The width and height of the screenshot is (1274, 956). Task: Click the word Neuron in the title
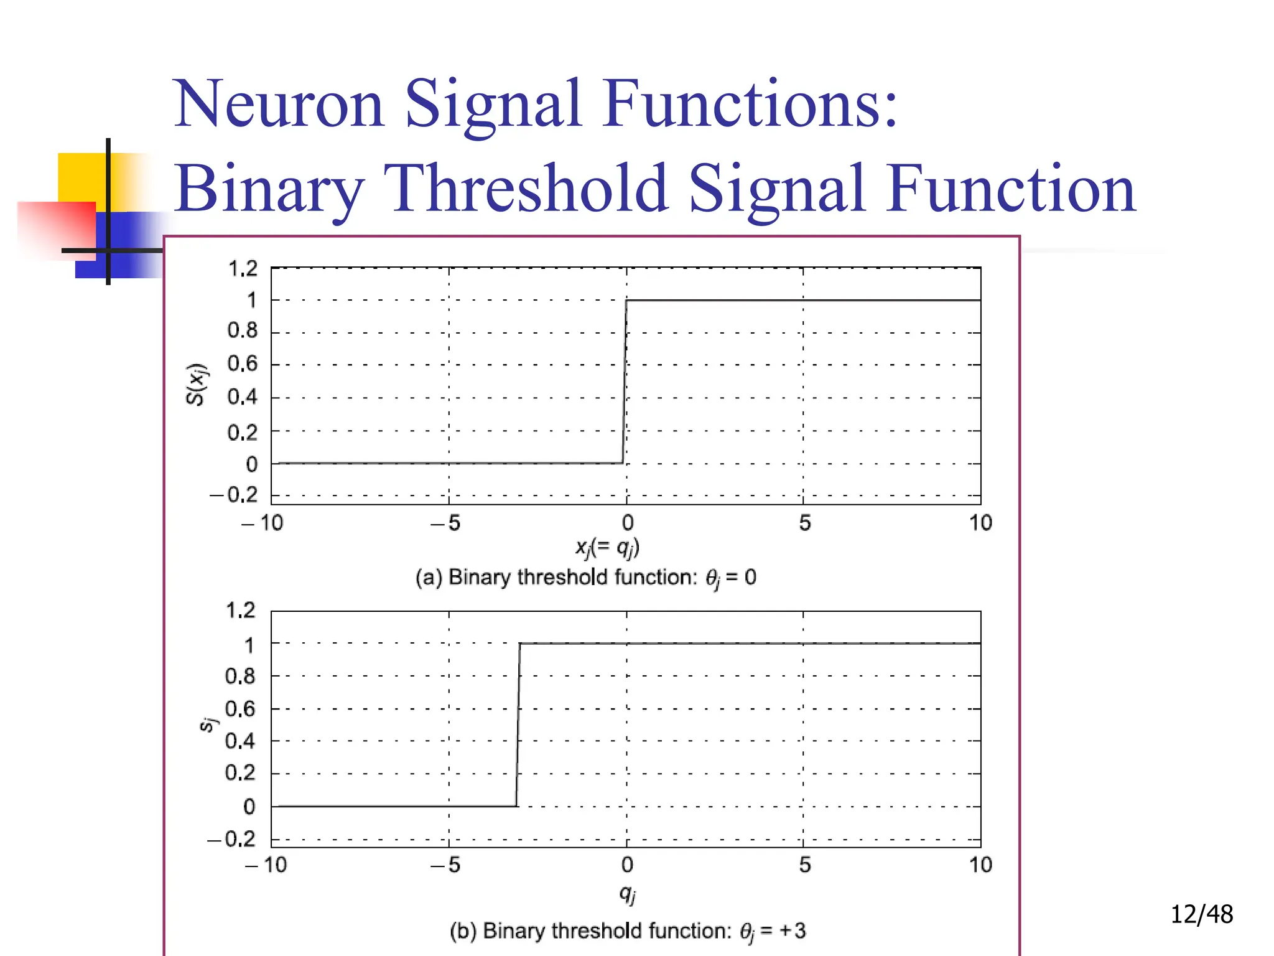278,104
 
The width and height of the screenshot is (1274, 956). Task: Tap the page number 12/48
1201,914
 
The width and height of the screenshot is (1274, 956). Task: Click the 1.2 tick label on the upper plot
243,269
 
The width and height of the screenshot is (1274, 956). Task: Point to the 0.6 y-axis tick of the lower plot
240,708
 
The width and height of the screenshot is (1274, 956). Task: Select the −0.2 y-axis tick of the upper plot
234,495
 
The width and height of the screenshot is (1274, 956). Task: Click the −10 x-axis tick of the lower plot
266,865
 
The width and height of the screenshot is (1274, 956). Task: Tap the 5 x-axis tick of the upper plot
804,523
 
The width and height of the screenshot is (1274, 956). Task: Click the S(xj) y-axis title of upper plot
197,384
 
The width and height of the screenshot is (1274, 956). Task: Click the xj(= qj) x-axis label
607,548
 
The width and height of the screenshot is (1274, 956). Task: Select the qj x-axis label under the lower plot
627,894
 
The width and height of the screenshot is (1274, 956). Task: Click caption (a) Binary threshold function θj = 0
585,578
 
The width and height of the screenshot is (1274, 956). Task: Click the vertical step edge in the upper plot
625,382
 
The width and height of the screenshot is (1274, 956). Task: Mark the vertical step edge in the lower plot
518,725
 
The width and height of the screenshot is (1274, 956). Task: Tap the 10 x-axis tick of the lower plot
980,865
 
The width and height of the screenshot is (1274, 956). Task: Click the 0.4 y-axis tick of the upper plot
242,397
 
